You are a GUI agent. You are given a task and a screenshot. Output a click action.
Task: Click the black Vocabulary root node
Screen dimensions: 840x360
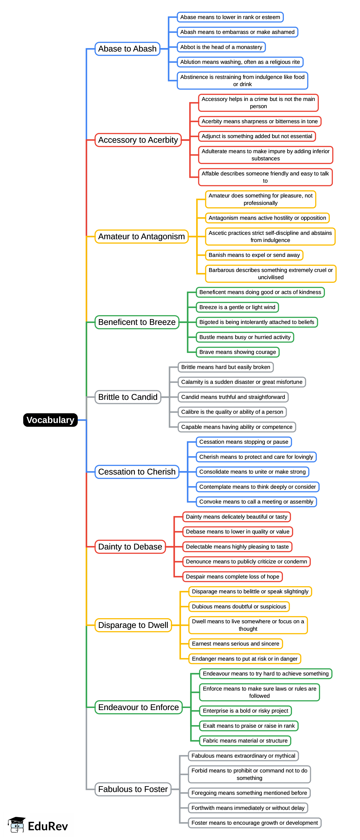tap(50, 420)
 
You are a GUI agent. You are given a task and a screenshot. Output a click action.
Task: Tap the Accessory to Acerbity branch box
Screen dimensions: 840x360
tap(138, 140)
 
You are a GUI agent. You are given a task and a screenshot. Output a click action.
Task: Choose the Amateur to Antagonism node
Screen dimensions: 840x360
tap(141, 236)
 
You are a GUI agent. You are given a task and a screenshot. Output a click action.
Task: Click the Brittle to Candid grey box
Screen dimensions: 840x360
tap(128, 397)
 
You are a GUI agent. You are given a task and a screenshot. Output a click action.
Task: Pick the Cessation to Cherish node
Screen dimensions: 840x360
tap(137, 472)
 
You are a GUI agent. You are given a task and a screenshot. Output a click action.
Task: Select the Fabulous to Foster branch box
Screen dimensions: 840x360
tap(133, 789)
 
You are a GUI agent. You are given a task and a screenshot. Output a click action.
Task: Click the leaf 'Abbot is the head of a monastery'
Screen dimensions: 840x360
tap(221, 47)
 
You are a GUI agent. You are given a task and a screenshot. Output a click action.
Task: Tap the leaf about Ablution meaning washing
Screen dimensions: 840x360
tap(240, 62)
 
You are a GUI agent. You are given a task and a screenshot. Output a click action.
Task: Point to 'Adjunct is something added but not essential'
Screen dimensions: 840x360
tap(257, 136)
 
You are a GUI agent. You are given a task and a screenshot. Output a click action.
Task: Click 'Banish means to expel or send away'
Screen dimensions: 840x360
tap(254, 255)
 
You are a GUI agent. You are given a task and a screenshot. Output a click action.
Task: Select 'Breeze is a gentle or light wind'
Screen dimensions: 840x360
tap(237, 307)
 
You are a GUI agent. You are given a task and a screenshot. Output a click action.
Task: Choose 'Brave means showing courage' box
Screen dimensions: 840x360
tap(237, 352)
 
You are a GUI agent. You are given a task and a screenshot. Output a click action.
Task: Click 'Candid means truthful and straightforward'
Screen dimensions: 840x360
tap(233, 397)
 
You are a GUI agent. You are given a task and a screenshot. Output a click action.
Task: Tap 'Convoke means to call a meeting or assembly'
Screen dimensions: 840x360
tap(256, 501)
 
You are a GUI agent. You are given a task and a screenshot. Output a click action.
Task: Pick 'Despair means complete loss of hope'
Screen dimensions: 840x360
tap(232, 577)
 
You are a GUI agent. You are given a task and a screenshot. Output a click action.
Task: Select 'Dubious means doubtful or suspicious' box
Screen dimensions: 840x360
tap(239, 607)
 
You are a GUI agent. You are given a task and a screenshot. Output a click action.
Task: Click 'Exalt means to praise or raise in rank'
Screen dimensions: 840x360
tap(249, 726)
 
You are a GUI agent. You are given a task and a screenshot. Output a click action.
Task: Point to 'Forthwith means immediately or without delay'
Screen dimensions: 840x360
tap(248, 808)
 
